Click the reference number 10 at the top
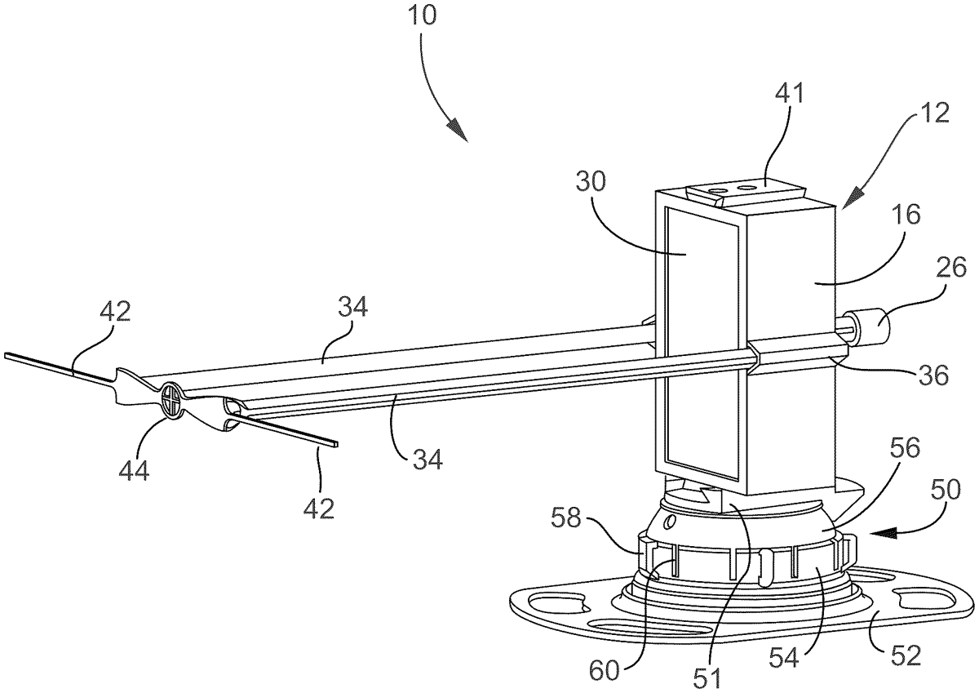coord(423,16)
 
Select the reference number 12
coord(936,113)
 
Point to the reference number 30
coord(591,181)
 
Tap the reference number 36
coord(933,375)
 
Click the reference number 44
coord(134,470)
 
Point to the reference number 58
coord(565,518)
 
